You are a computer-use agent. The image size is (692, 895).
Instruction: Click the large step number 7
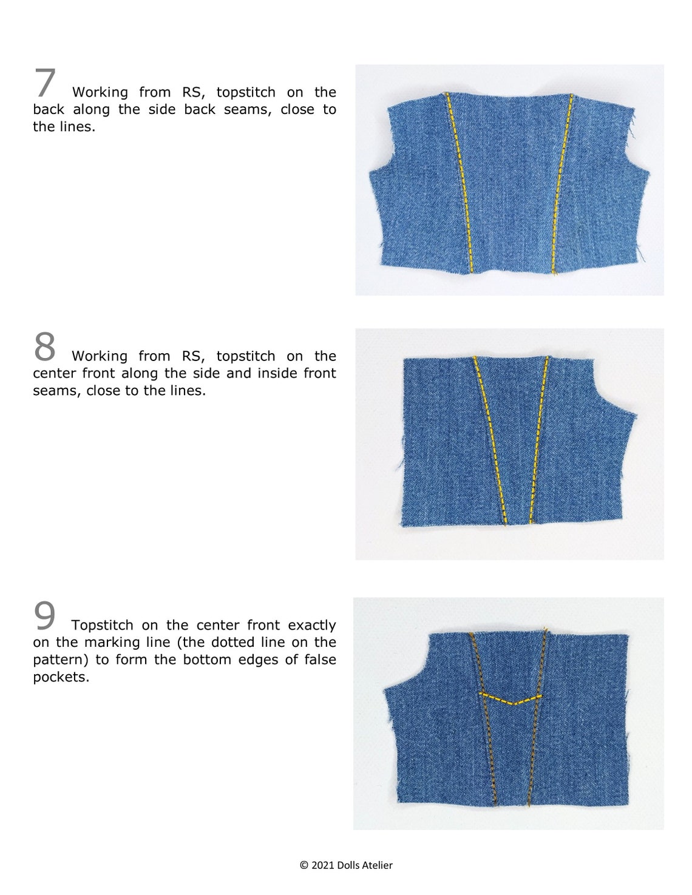click(x=45, y=84)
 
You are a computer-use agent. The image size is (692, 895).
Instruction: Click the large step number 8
click(x=44, y=347)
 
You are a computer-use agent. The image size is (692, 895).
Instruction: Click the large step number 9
click(x=44, y=616)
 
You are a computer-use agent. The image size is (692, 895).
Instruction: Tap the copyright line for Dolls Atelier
click(x=346, y=865)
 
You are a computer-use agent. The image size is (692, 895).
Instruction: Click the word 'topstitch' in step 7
click(x=245, y=92)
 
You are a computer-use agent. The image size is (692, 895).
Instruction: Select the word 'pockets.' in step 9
click(x=61, y=677)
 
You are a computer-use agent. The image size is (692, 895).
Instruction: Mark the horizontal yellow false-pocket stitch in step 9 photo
click(x=510, y=698)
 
